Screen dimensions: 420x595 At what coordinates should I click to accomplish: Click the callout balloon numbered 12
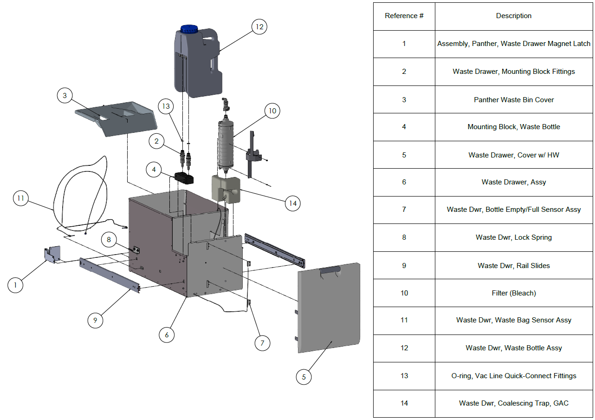(x=259, y=27)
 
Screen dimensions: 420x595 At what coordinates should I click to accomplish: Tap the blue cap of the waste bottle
(x=189, y=29)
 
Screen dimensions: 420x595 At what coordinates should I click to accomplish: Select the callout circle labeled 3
(x=65, y=96)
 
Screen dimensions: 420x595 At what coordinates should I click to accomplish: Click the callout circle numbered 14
(x=292, y=203)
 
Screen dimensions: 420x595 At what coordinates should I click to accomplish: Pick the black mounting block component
(x=183, y=178)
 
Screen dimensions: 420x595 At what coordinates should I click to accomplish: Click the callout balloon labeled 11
(x=20, y=198)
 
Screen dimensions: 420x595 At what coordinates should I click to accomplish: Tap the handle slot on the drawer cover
(x=330, y=270)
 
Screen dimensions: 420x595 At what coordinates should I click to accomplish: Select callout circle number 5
(x=304, y=377)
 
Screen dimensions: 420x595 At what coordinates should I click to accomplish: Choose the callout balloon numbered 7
(x=262, y=343)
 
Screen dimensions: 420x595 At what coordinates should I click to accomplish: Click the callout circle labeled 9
(x=95, y=320)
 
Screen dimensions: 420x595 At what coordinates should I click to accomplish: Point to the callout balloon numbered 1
(x=15, y=285)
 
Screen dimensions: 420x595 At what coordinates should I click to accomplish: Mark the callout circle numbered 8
(x=109, y=240)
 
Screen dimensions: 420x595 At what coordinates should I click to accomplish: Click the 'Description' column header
(x=514, y=16)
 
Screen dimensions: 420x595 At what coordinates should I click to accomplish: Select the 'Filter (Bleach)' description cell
(x=514, y=293)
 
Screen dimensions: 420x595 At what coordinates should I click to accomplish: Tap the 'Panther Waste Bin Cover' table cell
(x=514, y=99)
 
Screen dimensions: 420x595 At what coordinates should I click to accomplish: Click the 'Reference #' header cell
(x=404, y=16)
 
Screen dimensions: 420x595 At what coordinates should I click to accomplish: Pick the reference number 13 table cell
(x=404, y=376)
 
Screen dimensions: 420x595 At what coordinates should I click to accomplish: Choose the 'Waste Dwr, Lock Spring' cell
(x=514, y=237)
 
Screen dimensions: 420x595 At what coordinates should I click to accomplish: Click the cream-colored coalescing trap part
(x=226, y=189)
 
